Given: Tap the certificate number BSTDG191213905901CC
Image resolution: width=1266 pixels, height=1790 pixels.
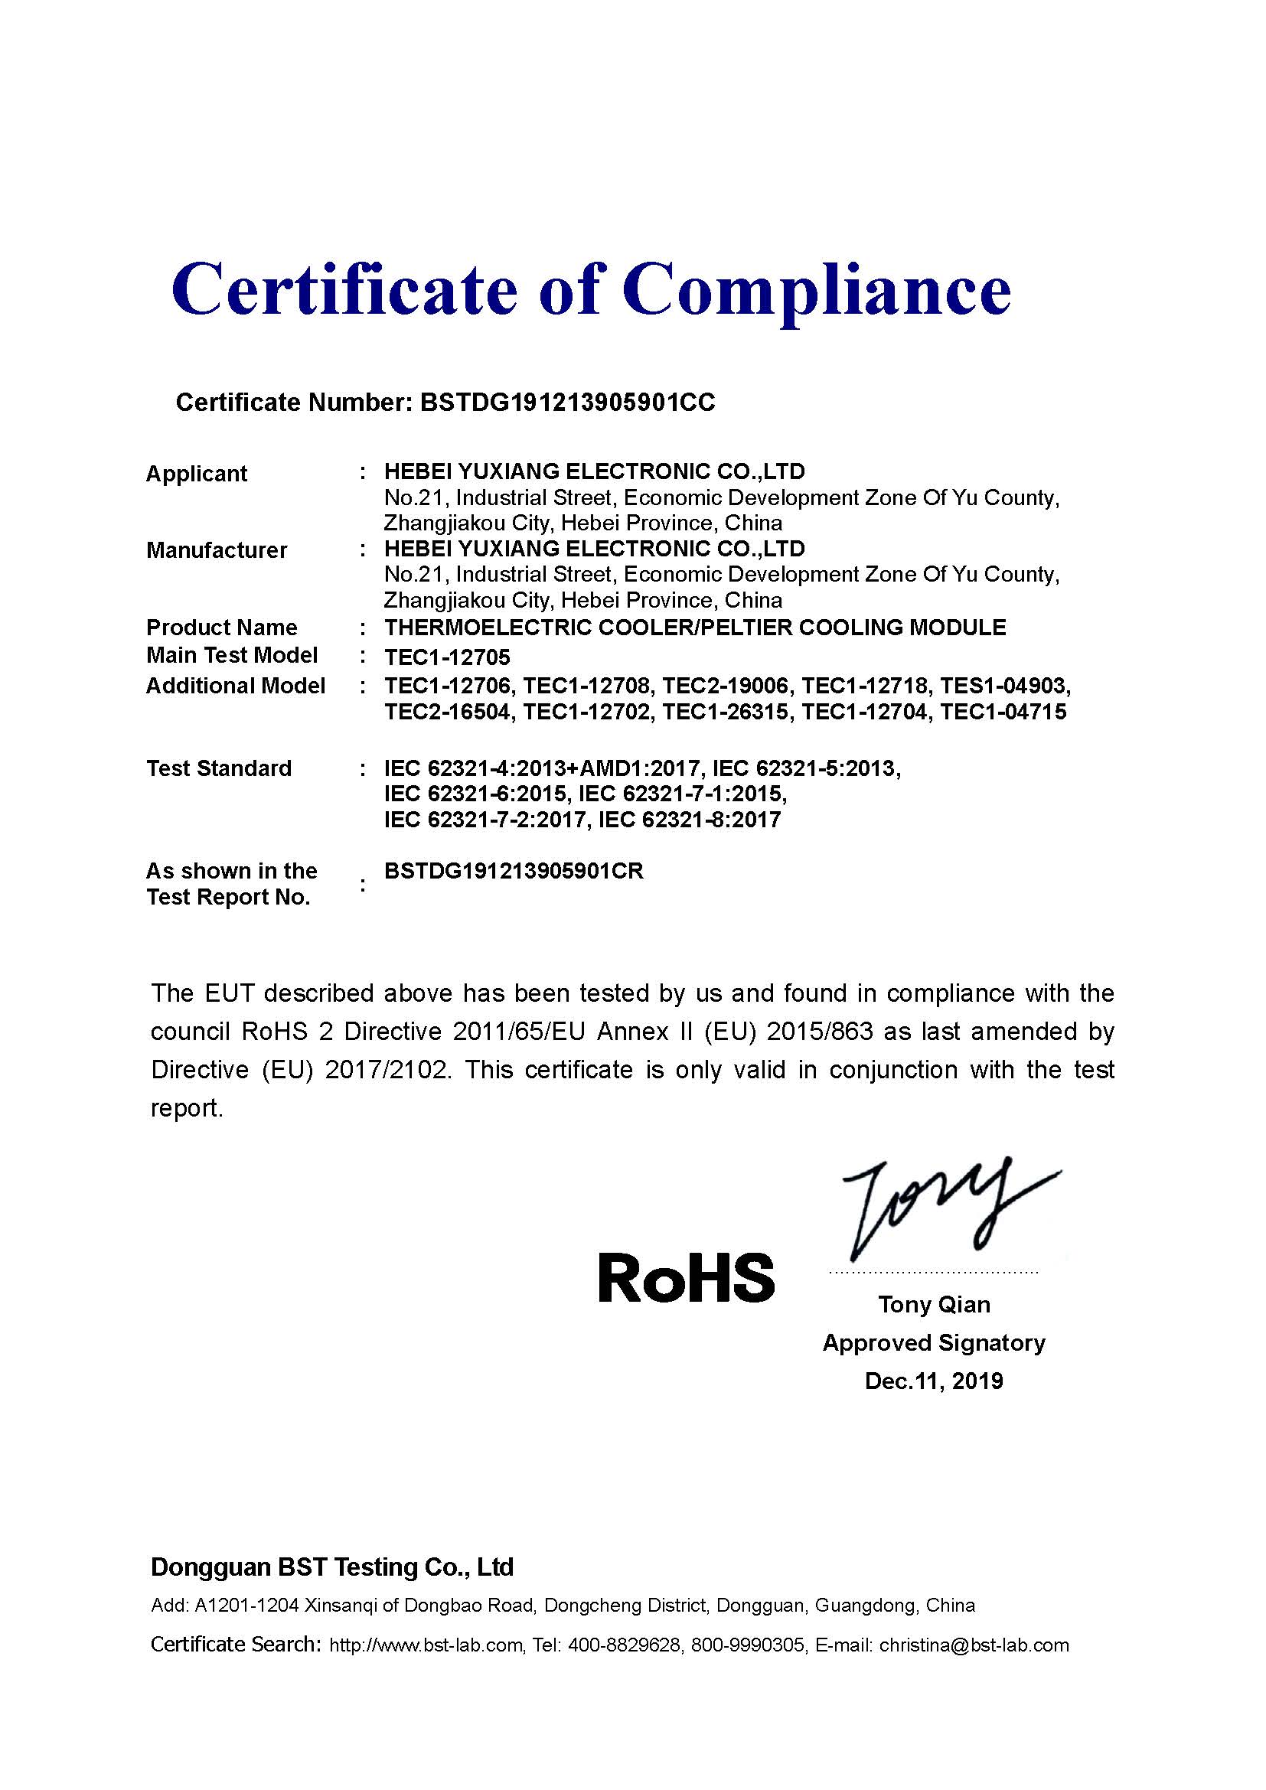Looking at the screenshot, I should (566, 403).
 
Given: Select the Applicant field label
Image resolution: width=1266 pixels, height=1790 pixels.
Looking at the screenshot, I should (197, 473).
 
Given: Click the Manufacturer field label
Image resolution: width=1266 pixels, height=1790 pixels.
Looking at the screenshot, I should (217, 550).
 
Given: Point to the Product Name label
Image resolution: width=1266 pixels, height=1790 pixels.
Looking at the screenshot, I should (221, 628).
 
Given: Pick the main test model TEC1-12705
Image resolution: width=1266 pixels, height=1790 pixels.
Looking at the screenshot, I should (447, 657).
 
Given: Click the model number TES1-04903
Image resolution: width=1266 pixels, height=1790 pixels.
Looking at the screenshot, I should (1004, 686).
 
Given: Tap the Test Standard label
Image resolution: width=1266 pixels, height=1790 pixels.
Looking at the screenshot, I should (219, 768).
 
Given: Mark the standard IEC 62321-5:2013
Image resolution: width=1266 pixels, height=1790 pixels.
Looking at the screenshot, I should (806, 768).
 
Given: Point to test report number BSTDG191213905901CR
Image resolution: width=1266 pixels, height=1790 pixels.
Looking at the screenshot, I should (514, 871).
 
